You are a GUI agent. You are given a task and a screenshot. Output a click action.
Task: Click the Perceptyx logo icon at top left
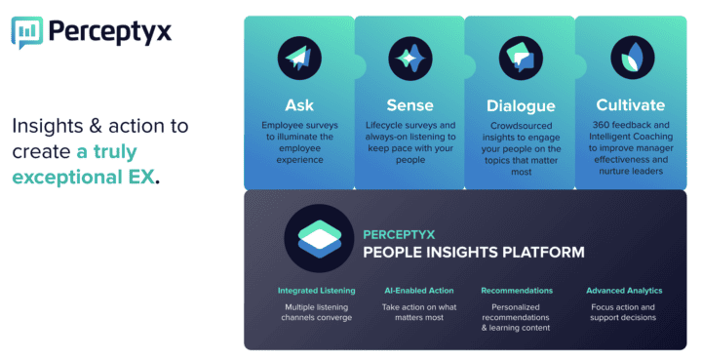(x=27, y=31)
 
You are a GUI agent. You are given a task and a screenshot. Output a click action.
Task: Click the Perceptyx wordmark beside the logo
(x=110, y=30)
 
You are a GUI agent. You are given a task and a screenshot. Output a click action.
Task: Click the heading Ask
(x=298, y=104)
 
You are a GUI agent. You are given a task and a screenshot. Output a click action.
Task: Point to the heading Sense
(x=409, y=104)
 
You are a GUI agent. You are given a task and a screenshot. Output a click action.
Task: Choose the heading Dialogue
(x=520, y=105)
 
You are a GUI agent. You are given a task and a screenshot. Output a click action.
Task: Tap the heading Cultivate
(x=630, y=104)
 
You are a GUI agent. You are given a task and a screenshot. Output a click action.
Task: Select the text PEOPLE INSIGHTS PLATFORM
(x=473, y=253)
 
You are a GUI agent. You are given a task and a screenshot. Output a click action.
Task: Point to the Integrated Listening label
(x=316, y=290)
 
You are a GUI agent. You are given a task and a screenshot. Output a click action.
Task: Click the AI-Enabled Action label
(x=418, y=290)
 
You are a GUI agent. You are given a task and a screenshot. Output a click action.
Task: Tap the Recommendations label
(x=517, y=290)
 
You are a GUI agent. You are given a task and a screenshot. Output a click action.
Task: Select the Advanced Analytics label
(x=624, y=290)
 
